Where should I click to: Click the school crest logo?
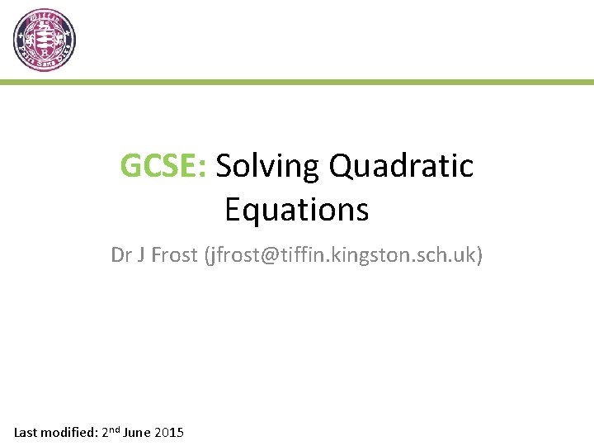(x=45, y=40)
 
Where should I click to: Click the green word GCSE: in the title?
(x=164, y=166)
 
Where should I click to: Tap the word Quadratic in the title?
(x=402, y=166)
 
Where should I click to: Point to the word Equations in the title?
(x=296, y=210)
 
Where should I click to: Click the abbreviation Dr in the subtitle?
(x=122, y=255)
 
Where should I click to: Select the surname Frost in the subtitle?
(x=174, y=255)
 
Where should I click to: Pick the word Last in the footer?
(x=27, y=433)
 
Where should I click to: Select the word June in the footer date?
(x=137, y=433)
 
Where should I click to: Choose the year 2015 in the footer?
(x=169, y=433)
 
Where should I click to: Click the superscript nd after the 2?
(x=114, y=429)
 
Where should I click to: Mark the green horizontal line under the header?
(x=297, y=83)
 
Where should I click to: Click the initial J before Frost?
(x=142, y=255)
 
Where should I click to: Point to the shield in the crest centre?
(x=45, y=40)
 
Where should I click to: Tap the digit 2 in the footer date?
(x=105, y=433)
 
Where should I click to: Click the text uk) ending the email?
(x=469, y=255)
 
